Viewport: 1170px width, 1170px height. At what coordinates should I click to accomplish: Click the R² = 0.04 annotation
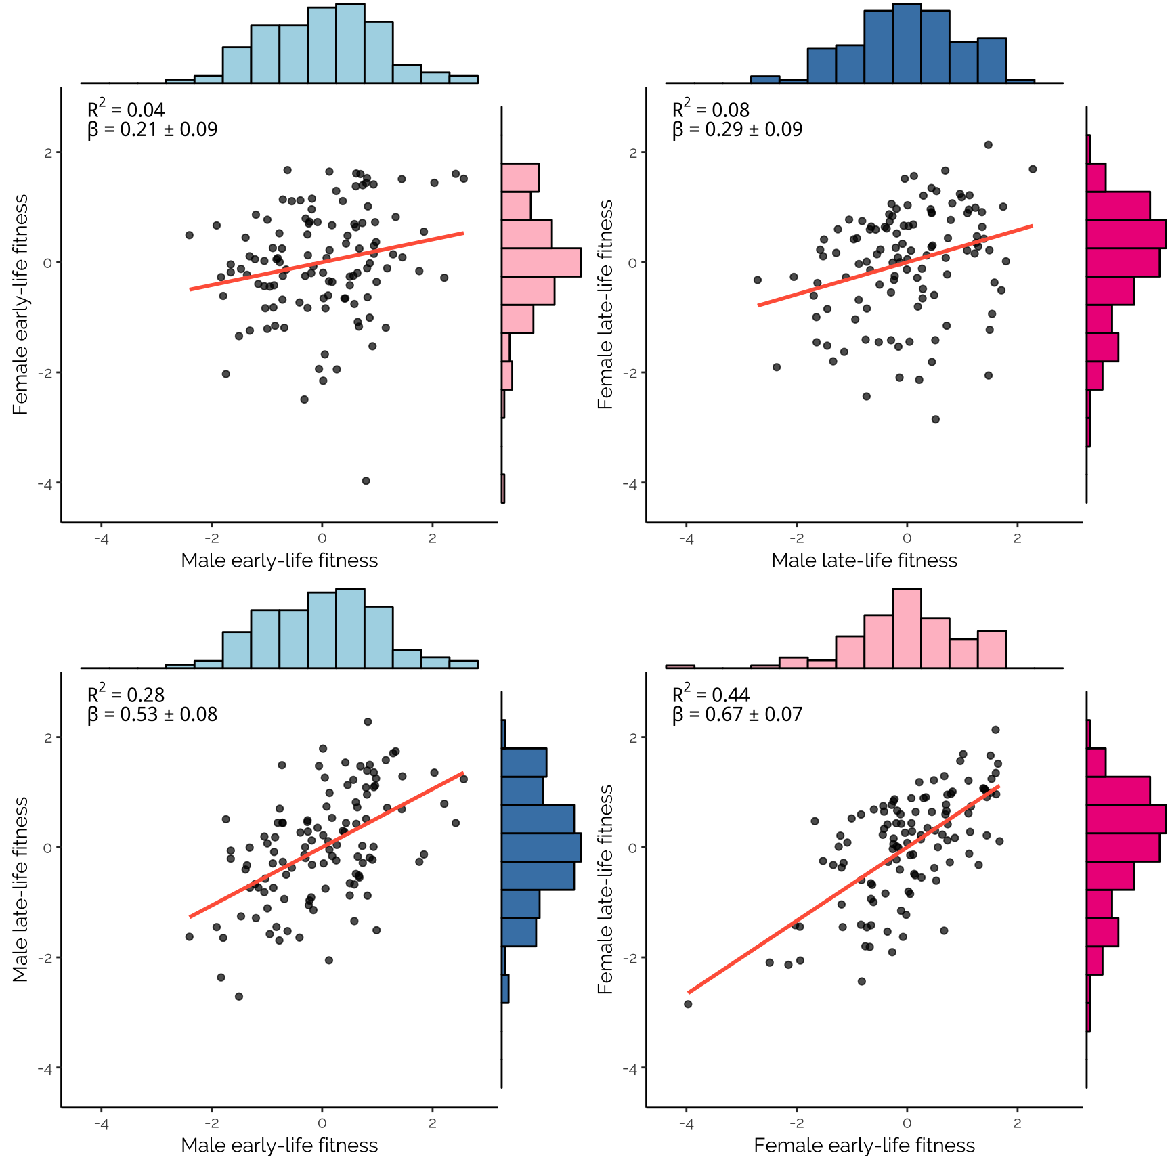click(x=126, y=109)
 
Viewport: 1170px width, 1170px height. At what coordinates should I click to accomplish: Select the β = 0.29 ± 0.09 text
click(x=737, y=129)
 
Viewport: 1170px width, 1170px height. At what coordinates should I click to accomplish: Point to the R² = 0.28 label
click(x=126, y=694)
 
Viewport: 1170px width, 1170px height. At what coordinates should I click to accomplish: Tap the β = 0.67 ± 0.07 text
click(x=737, y=714)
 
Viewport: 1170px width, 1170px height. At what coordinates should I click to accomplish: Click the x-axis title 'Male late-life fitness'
click(x=864, y=561)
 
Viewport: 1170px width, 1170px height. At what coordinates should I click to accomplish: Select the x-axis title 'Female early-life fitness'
click(x=864, y=1146)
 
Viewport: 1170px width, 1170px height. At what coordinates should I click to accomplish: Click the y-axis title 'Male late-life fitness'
click(x=20, y=889)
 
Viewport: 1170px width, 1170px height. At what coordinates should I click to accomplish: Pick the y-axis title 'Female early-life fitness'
click(x=20, y=305)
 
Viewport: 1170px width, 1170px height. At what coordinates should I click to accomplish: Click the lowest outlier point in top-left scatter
click(x=366, y=481)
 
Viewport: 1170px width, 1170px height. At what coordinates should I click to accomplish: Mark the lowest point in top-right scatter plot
click(x=936, y=419)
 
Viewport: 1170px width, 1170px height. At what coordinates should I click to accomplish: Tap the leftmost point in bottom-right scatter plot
click(x=688, y=1004)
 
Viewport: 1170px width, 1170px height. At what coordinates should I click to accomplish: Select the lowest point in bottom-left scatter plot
click(x=239, y=997)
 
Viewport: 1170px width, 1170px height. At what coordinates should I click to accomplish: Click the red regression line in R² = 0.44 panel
click(x=844, y=890)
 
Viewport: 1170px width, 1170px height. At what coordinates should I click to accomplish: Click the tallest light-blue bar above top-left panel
click(x=350, y=43)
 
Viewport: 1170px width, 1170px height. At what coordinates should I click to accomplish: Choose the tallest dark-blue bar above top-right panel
click(x=907, y=43)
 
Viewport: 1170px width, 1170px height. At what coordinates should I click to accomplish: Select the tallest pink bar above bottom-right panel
click(x=907, y=628)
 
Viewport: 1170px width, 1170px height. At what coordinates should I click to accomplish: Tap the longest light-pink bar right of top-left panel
click(x=541, y=263)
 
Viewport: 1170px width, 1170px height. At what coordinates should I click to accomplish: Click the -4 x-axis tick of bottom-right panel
click(x=687, y=1123)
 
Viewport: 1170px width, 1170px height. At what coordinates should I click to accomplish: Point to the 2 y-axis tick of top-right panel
click(x=633, y=153)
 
